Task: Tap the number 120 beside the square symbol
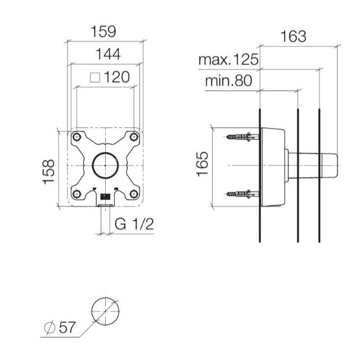pos(116,77)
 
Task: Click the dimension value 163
pos(293,37)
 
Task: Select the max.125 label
pos(228,59)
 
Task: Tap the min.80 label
pos(228,80)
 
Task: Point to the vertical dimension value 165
pos(202,164)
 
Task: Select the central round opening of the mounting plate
pos(105,165)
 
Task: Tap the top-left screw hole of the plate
pos(77,137)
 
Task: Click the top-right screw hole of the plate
pos(133,137)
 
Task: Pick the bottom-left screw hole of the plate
pos(77,193)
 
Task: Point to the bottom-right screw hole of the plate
pos(133,193)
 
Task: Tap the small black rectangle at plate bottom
pos(105,197)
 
